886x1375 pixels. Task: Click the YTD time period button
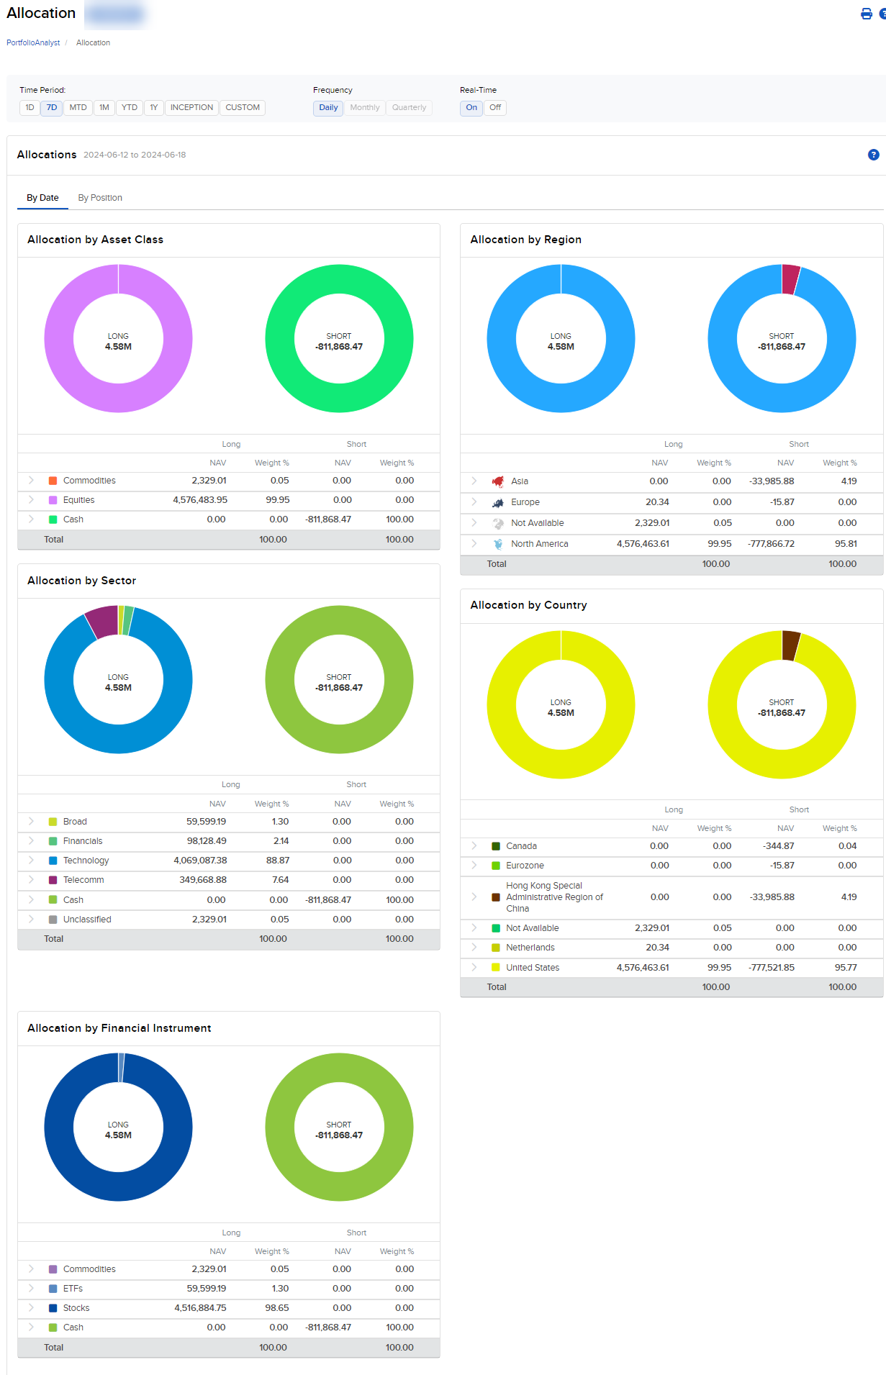tap(130, 108)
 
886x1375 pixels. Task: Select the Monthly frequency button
tap(364, 108)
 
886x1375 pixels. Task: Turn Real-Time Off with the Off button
tap(495, 108)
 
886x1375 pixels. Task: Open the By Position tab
tap(100, 198)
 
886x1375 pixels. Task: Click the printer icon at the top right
tap(866, 14)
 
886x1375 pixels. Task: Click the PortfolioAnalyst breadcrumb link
tap(33, 43)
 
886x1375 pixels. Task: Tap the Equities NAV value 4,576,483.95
tap(200, 500)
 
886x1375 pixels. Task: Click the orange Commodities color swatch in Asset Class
tap(53, 481)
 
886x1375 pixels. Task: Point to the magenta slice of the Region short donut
tap(790, 279)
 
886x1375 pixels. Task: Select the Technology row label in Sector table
tap(86, 861)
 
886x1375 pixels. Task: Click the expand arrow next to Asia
tap(474, 481)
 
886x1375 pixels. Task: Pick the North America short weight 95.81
tap(846, 544)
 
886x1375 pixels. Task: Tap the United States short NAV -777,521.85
tap(772, 968)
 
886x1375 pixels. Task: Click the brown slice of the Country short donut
tap(790, 645)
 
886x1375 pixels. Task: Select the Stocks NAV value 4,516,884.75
tap(200, 1308)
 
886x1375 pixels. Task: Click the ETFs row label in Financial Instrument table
tap(73, 1289)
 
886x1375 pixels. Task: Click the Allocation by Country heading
tap(528, 605)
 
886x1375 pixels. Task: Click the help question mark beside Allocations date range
tap(873, 155)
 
